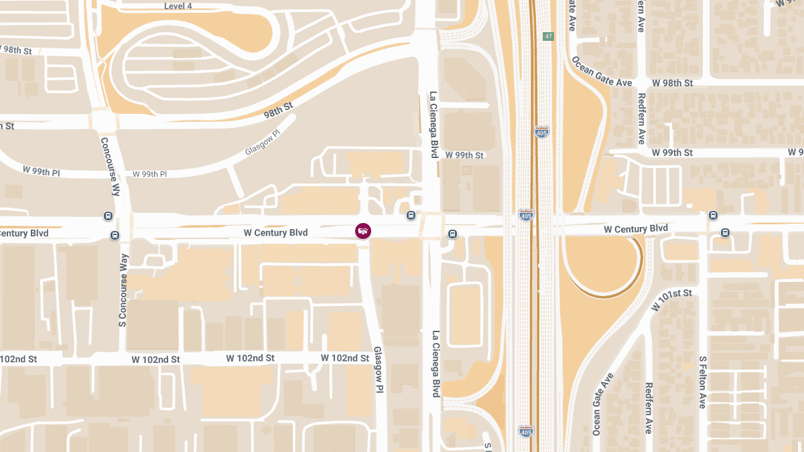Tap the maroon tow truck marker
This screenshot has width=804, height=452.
coord(362,231)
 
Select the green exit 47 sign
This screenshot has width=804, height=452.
coord(549,36)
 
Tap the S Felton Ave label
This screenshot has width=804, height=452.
coord(702,382)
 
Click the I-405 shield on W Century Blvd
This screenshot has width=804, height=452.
coord(526,216)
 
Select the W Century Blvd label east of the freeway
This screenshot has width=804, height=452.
coord(636,229)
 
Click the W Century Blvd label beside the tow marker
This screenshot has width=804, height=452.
coord(275,233)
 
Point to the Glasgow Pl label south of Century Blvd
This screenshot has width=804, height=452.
coord(379,370)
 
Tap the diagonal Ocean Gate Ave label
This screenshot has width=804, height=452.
coord(602,72)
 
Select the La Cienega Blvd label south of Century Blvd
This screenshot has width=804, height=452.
coord(435,364)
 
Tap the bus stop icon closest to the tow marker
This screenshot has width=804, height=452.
coord(411,216)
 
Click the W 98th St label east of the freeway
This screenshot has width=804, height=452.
coord(672,82)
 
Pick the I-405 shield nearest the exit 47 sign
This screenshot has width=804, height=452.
coord(542,132)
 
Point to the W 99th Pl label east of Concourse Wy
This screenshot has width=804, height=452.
coord(149,174)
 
